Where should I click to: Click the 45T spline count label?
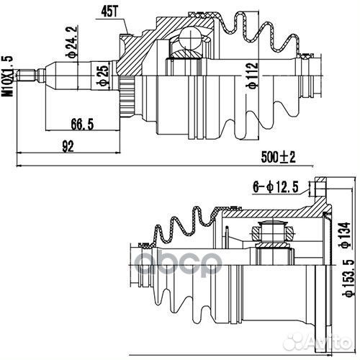109,10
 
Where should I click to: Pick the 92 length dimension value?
69,146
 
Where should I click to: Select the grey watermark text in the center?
180,259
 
